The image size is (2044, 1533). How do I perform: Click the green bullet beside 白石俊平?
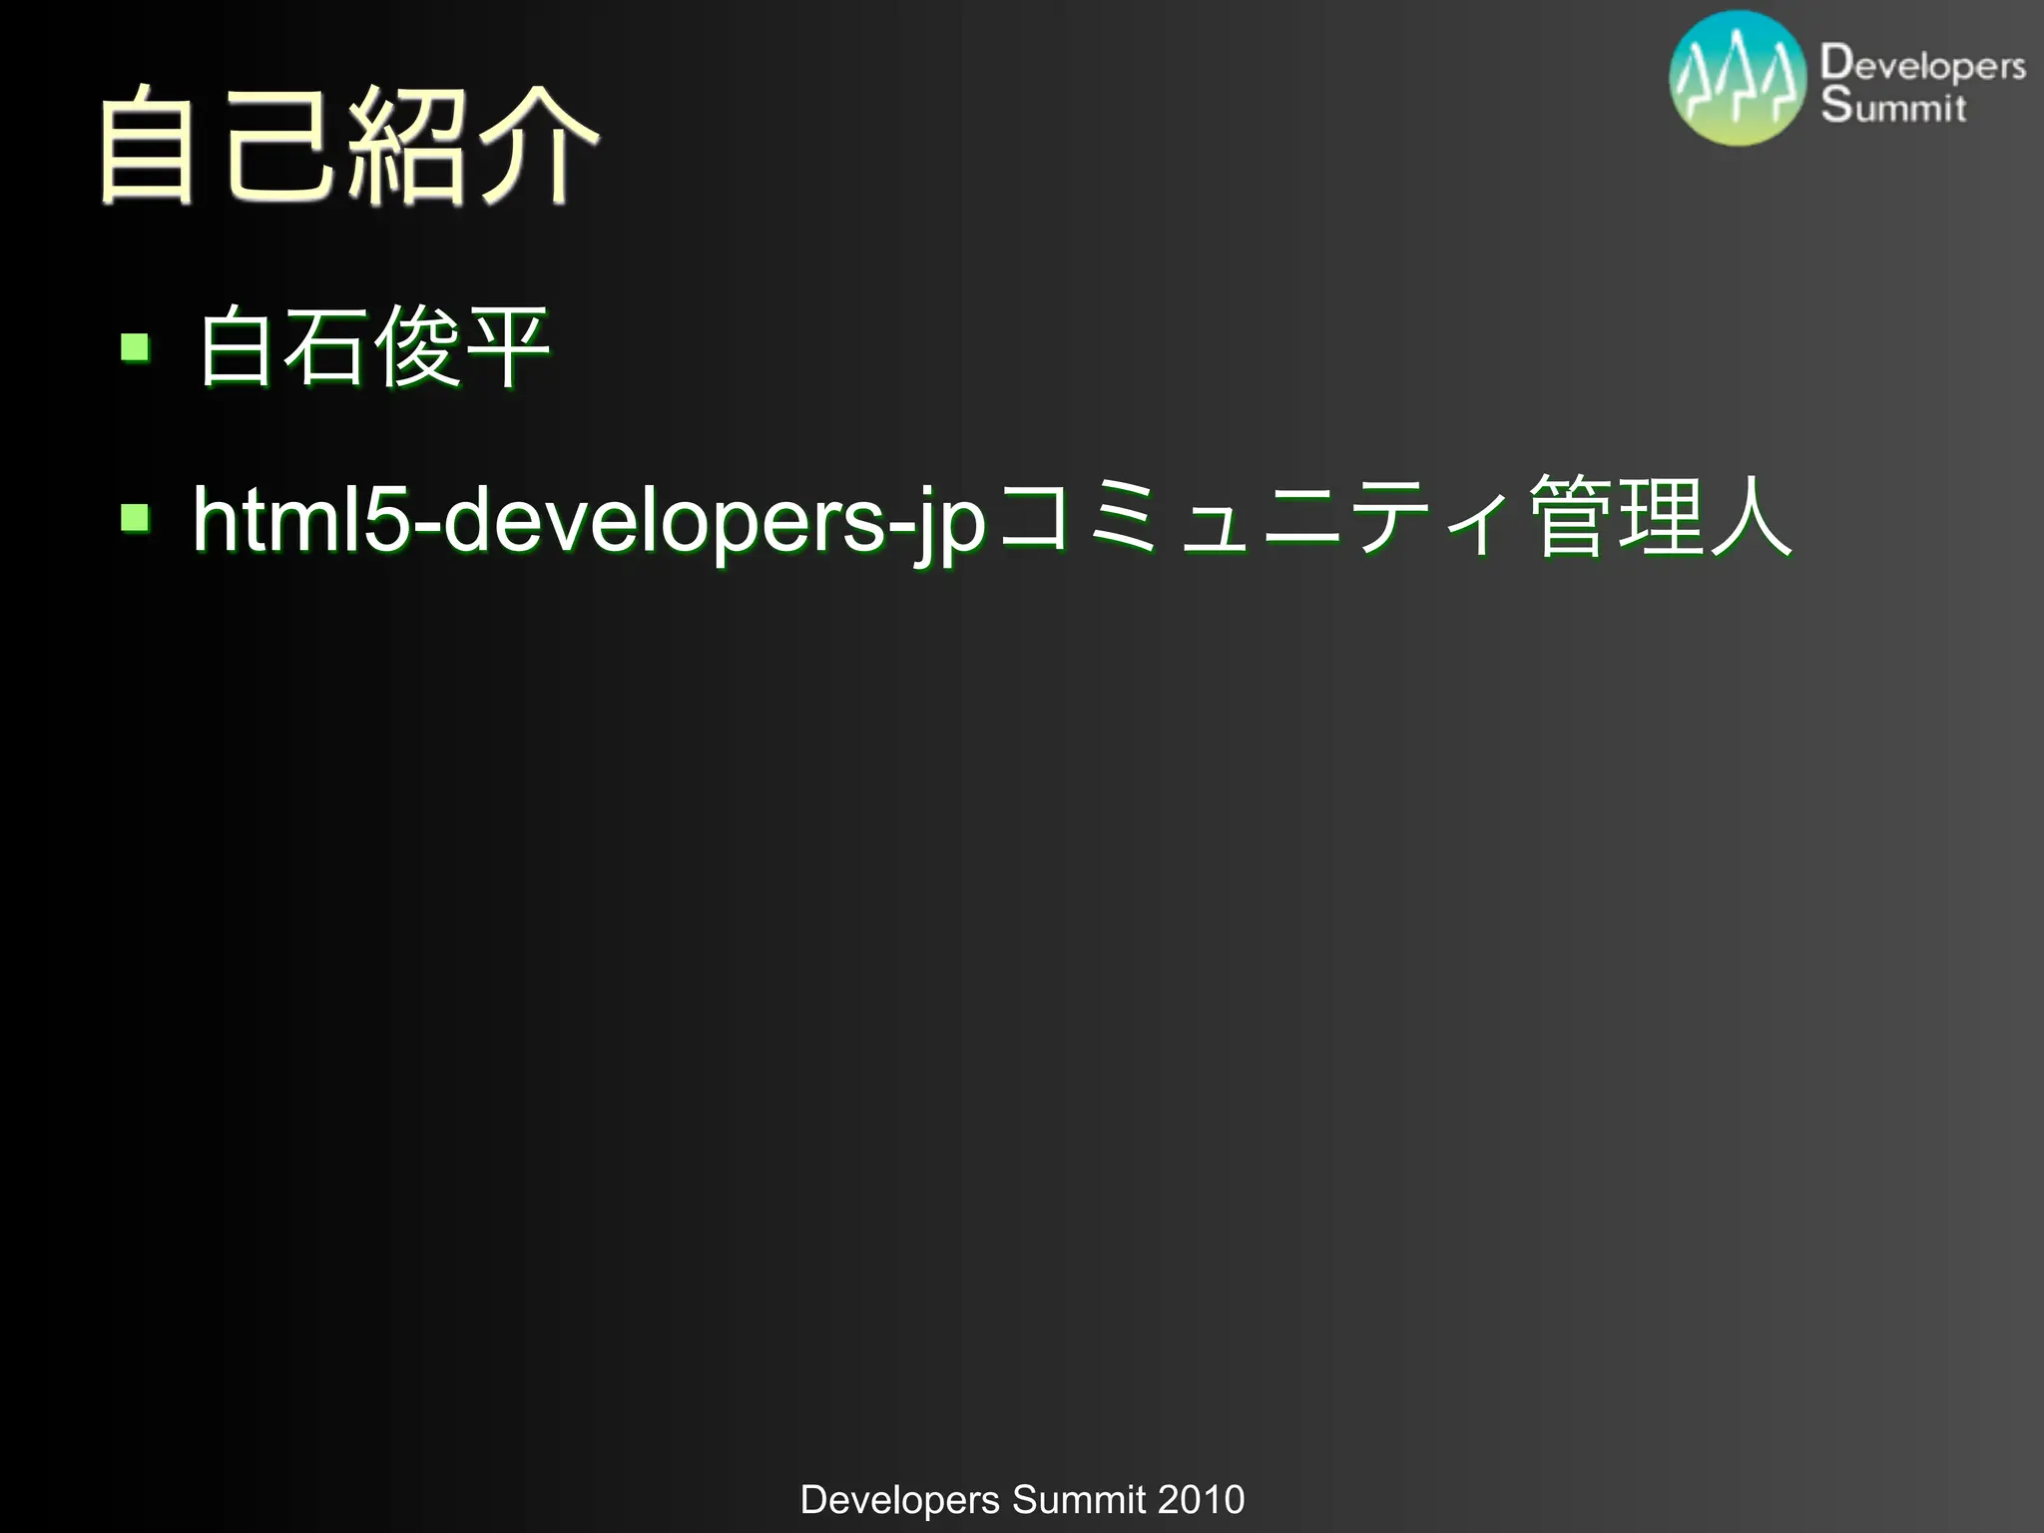tap(135, 347)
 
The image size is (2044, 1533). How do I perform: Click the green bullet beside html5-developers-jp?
tap(135, 517)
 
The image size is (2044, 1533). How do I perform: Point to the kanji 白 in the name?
tap(237, 347)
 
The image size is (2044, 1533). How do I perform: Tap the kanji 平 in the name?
tap(507, 347)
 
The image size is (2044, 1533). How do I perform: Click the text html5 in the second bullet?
tap(299, 519)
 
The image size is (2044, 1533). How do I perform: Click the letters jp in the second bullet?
tap(948, 524)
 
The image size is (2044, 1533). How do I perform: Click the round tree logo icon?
tap(1738, 79)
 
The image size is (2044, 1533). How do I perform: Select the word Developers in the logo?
tap(1922, 64)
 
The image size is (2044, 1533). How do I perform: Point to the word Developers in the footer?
tap(899, 1499)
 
